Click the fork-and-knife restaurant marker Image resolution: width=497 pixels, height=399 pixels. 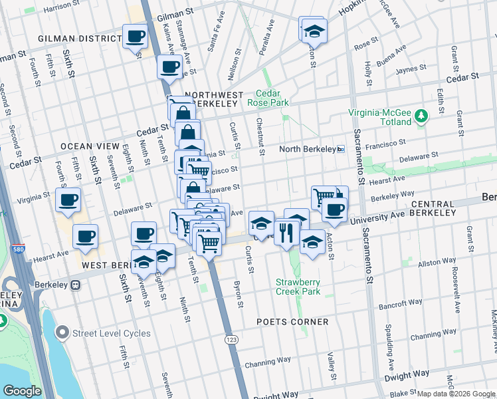coord(286,233)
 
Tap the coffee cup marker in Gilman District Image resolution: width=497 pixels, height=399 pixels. coord(136,36)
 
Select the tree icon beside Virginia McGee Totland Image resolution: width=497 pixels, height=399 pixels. coord(420,117)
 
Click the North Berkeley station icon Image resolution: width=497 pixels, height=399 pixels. coord(340,149)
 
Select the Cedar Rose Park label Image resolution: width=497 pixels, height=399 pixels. coord(268,98)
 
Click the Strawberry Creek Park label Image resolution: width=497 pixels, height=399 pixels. coord(298,287)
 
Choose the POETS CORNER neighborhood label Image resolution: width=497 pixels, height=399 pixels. coord(292,322)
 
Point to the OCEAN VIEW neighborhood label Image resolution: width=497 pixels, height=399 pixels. coord(90,146)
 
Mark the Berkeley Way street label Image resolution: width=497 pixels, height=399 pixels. coord(393,198)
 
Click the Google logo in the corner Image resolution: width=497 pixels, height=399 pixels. coord(22,391)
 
